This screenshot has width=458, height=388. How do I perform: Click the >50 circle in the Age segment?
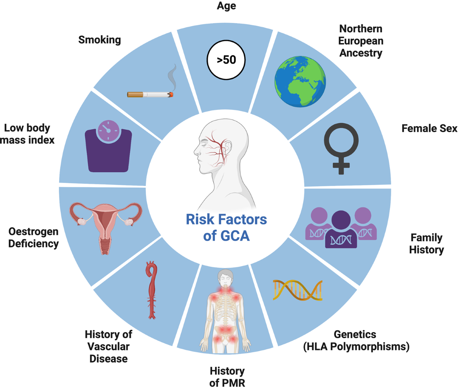click(x=226, y=60)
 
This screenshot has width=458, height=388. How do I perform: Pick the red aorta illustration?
click(x=152, y=290)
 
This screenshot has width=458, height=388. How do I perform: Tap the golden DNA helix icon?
click(x=298, y=290)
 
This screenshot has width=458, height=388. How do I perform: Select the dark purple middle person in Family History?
click(x=341, y=231)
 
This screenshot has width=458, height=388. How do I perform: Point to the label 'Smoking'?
click(x=100, y=40)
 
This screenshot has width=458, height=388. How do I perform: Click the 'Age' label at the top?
click(x=226, y=6)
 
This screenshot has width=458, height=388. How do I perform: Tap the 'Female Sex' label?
click(x=429, y=128)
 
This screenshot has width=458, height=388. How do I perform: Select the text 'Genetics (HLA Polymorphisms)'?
click(x=356, y=340)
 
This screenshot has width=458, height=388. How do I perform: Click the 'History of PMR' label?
click(x=227, y=377)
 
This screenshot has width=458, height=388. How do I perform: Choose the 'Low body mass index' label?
click(x=27, y=134)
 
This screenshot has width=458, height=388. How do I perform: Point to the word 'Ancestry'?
click(x=361, y=53)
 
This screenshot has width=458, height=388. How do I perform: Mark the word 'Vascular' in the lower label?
click(x=108, y=346)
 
